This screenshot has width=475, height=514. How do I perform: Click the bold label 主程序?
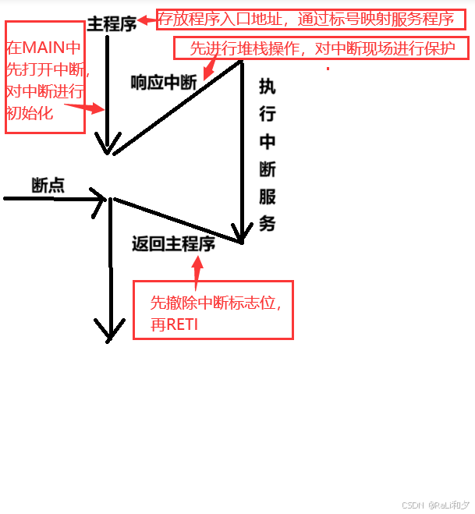click(112, 24)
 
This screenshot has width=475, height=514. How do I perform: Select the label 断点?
click(48, 186)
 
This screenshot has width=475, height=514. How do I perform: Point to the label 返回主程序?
click(173, 244)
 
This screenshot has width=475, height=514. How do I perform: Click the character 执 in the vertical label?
click(268, 87)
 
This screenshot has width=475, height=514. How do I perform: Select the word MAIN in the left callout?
click(45, 50)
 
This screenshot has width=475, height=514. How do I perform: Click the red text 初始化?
click(30, 112)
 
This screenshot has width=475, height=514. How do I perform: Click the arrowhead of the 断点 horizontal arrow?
click(100, 198)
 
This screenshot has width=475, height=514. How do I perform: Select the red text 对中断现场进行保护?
click(390, 49)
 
